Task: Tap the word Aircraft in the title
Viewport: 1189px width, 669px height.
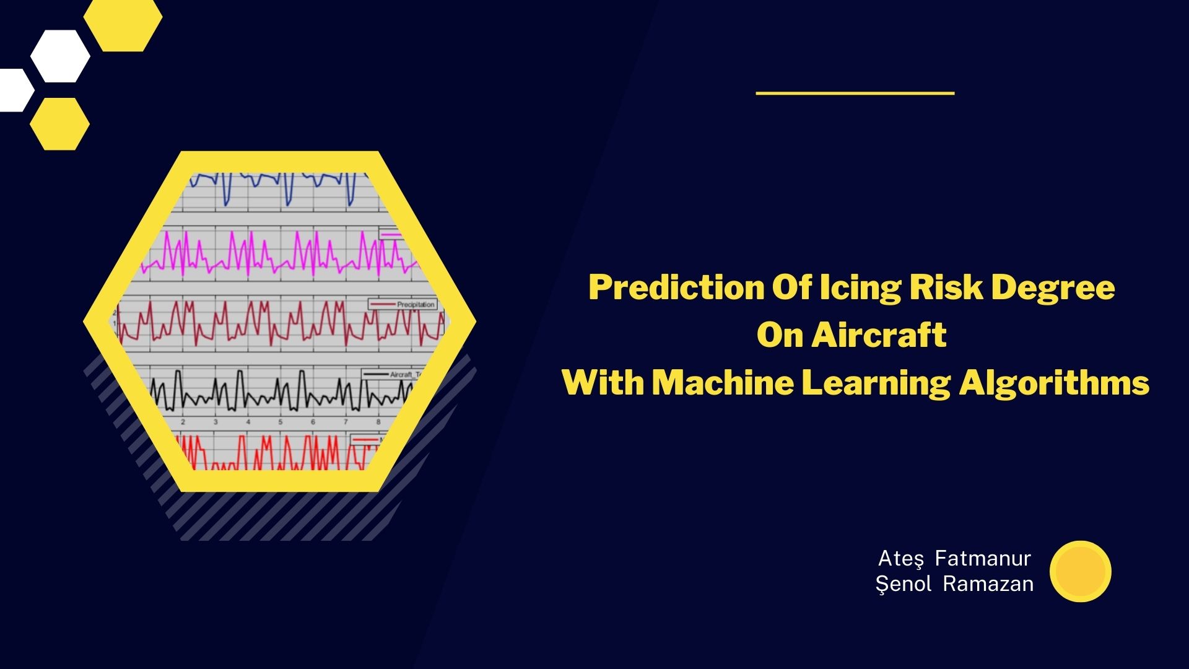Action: [879, 335]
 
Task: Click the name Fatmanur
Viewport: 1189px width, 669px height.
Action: [983, 558]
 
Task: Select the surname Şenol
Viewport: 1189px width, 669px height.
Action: [904, 584]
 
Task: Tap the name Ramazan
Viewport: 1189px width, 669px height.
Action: [988, 584]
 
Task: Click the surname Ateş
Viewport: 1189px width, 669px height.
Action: [901, 558]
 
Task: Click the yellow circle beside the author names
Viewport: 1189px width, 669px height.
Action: [1081, 571]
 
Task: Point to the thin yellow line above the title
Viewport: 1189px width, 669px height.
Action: [855, 93]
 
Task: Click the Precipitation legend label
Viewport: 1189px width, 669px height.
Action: [416, 304]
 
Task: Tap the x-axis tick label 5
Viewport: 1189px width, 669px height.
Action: [280, 422]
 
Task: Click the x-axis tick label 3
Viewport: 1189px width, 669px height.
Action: [216, 422]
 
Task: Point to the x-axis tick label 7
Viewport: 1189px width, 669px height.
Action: [346, 422]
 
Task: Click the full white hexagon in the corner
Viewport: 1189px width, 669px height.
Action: [60, 56]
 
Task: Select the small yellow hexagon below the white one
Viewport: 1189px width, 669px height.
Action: [59, 124]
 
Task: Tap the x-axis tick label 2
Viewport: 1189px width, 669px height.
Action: [183, 422]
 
